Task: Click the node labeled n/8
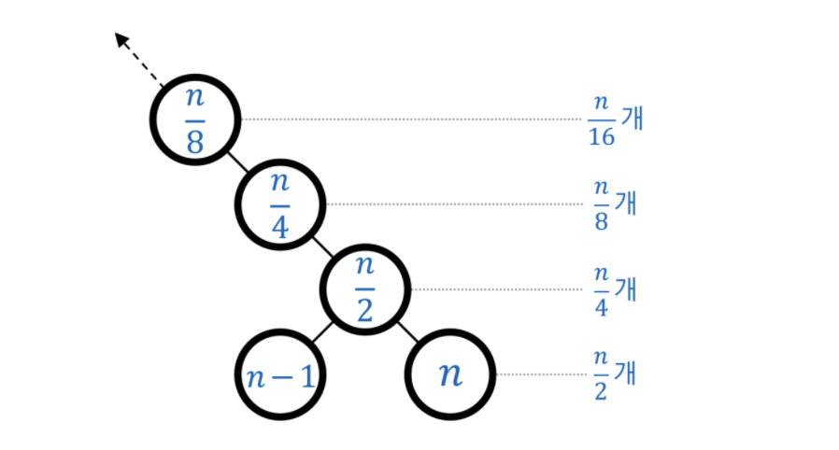(195, 120)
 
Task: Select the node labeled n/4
(279, 204)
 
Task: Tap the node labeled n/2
(365, 289)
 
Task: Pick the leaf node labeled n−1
(279, 374)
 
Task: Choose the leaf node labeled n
(450, 374)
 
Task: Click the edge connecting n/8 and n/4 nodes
(237, 162)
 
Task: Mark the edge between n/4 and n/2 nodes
(322, 247)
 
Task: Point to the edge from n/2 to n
(408, 332)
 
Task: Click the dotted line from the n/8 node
(411, 120)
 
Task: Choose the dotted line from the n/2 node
(495, 289)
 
